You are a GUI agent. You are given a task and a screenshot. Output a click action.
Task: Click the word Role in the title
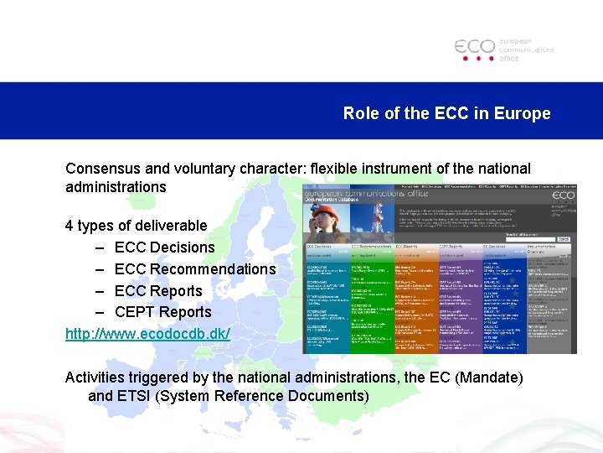coord(360,113)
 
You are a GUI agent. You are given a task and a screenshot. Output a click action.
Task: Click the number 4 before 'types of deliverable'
coord(70,226)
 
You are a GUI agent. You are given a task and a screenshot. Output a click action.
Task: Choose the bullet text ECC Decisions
coord(164,247)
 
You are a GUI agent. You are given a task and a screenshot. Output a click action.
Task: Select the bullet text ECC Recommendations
coord(194,269)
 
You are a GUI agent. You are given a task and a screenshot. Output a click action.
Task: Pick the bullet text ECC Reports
coord(158,291)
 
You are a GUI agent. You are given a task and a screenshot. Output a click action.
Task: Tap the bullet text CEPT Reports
coord(162,312)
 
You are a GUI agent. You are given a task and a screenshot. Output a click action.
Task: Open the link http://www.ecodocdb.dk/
coord(147,334)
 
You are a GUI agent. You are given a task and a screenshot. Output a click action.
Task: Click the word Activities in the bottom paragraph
coord(96,377)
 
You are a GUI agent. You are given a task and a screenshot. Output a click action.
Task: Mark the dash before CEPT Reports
coord(99,312)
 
